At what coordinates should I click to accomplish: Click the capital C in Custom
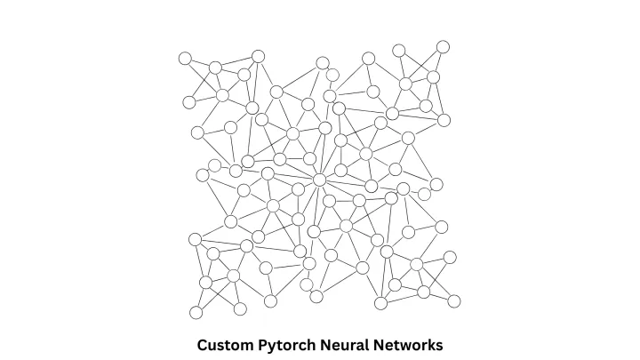click(203, 344)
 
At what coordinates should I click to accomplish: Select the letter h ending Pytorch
click(311, 344)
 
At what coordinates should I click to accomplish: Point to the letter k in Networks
click(428, 344)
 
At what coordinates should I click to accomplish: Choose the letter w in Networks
click(404, 344)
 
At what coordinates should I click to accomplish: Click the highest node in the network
click(443, 46)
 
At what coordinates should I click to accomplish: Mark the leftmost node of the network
click(185, 59)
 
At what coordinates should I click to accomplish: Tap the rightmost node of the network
click(454, 301)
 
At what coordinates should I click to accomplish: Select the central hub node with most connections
click(319, 180)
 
